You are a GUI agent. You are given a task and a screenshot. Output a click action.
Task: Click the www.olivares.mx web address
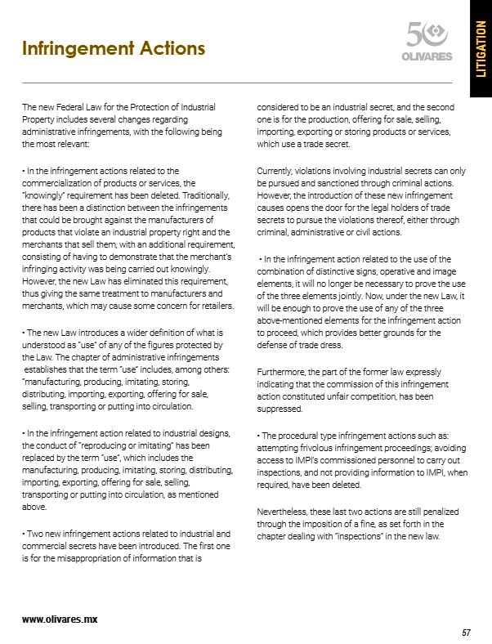(x=60, y=619)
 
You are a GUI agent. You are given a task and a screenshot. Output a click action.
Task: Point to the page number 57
(x=467, y=633)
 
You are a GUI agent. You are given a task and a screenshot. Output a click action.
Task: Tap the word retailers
(x=212, y=306)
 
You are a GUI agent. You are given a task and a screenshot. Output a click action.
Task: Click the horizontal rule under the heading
(x=237, y=83)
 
